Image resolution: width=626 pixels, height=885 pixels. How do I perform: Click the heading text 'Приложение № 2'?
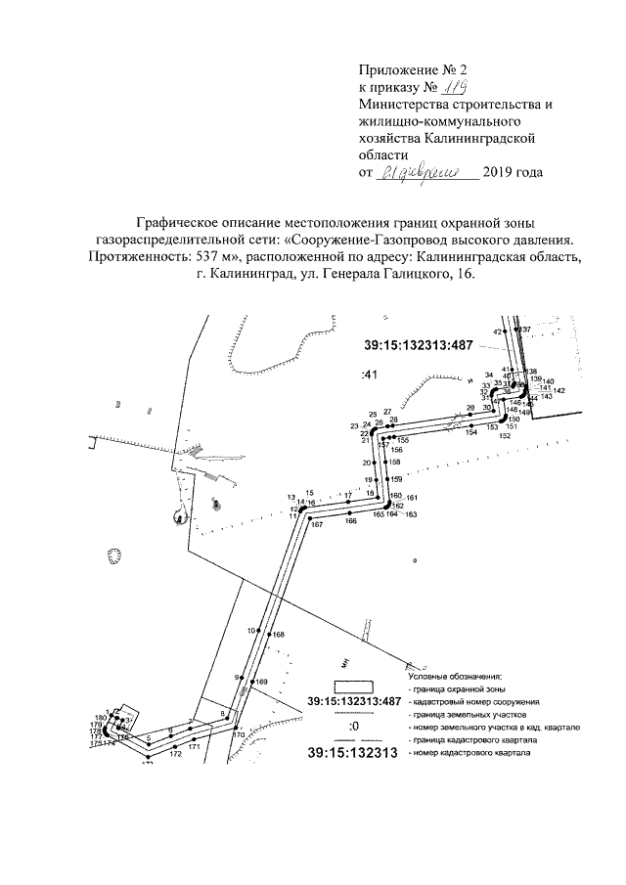click(x=415, y=70)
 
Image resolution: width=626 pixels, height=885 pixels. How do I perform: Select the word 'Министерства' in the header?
click(x=401, y=105)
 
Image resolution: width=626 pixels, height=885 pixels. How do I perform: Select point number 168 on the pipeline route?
click(x=279, y=635)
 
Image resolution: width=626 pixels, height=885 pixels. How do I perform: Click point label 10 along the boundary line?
click(x=250, y=630)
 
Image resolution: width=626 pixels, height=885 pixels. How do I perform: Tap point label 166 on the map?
click(x=350, y=521)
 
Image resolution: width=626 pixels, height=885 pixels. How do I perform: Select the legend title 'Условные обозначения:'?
click(x=454, y=676)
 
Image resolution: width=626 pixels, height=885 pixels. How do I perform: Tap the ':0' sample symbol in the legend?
click(x=353, y=727)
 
